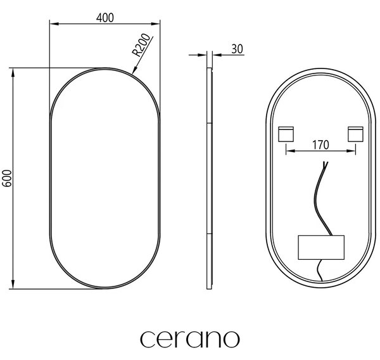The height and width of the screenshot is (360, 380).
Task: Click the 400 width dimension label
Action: [x=105, y=18]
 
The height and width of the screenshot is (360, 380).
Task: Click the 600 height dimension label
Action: [x=7, y=178]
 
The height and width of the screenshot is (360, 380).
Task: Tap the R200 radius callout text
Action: [x=141, y=45]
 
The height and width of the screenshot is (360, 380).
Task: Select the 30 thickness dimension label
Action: [x=237, y=49]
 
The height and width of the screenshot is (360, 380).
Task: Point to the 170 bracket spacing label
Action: [x=320, y=145]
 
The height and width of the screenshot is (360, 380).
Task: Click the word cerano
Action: [x=190, y=338]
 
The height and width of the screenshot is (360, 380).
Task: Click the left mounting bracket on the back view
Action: [x=286, y=134]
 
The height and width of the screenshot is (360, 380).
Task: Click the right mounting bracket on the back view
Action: [x=355, y=134]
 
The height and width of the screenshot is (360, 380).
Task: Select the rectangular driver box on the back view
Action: [x=321, y=247]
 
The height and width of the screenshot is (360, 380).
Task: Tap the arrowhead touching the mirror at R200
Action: [x=135, y=70]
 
